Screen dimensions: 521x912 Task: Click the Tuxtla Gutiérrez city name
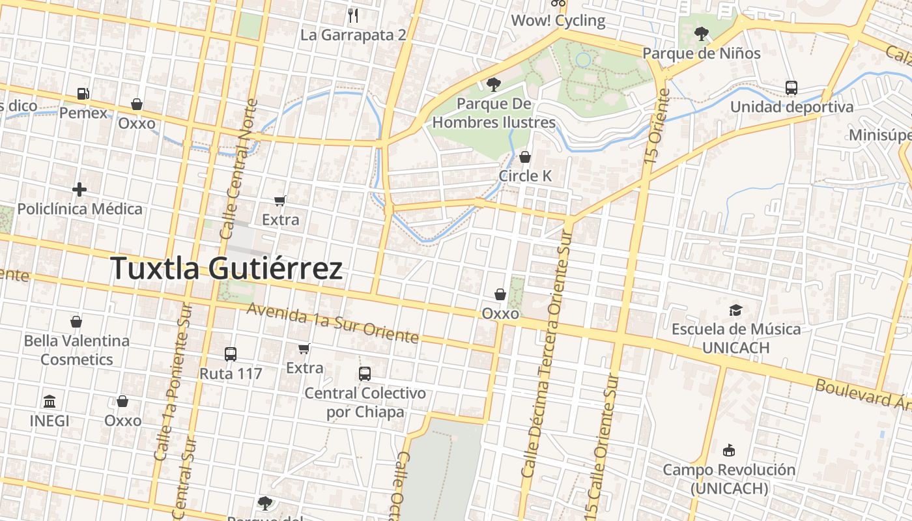tap(227, 268)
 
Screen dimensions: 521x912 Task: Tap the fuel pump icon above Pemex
tap(83, 94)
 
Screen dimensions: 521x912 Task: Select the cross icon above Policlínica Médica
tap(79, 190)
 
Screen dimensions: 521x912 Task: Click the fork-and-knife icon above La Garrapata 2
tap(353, 15)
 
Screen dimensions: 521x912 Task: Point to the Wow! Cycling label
tap(558, 20)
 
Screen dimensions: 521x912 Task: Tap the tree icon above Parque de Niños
tap(701, 33)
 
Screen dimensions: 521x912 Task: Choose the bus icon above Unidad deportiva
tap(791, 87)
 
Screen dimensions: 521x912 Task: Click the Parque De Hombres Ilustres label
tap(494, 113)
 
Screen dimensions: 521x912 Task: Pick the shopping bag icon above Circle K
tap(525, 157)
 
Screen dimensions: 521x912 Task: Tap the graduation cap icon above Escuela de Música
tap(735, 310)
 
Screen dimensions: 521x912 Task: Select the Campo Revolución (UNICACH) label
tap(729, 479)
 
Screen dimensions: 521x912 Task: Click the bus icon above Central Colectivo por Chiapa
tap(365, 374)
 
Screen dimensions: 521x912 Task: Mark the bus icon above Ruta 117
tap(231, 354)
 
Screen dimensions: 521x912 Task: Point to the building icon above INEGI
tap(50, 401)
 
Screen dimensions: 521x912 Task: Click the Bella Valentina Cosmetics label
tap(77, 350)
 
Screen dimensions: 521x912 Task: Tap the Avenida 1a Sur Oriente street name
tap(332, 324)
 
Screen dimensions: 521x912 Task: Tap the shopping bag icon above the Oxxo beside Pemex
tap(137, 104)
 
